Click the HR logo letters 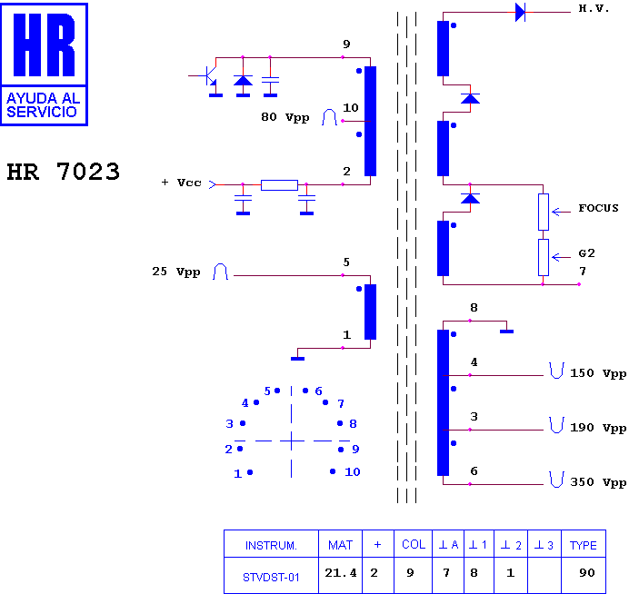click(45, 45)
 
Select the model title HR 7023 click(64, 172)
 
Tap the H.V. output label click(594, 8)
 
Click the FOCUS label click(598, 208)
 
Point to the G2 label click(586, 253)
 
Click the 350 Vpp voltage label click(598, 482)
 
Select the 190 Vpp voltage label click(598, 428)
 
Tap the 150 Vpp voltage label click(598, 373)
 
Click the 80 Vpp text click(285, 117)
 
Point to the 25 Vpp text click(176, 272)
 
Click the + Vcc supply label click(181, 183)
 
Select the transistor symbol click(208, 76)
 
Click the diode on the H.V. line click(520, 12)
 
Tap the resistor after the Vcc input click(279, 184)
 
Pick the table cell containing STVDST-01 click(271, 576)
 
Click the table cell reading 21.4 click(340, 576)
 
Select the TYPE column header click(584, 544)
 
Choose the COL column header click(414, 544)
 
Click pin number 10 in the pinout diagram click(352, 471)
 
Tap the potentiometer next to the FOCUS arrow click(544, 212)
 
